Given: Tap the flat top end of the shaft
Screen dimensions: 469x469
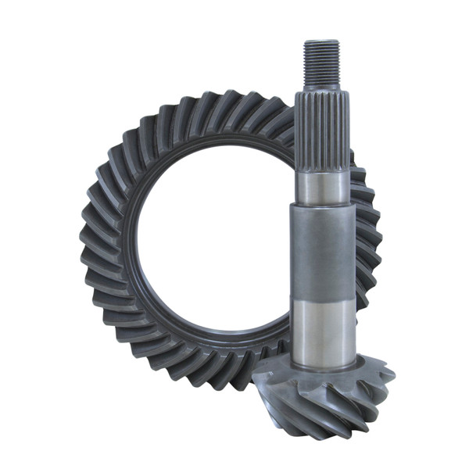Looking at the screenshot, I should (321, 42).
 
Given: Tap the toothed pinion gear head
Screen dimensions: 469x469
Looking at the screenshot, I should (324, 391).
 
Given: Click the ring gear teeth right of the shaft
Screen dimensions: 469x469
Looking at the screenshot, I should (367, 234).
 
